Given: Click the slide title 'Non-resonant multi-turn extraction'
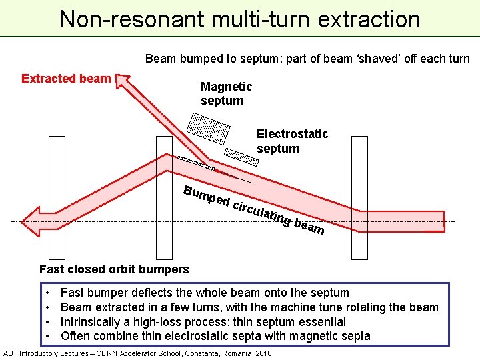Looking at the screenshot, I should pos(239,19).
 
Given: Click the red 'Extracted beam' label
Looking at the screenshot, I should pos(66,79).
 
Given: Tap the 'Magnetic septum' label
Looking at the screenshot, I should pos(226,93).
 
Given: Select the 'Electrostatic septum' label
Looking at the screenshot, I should pos(292,141).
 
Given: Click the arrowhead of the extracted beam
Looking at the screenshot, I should pos(122,81).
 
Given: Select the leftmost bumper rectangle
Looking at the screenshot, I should pos(57,197).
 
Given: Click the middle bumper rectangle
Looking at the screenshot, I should pos(163,197).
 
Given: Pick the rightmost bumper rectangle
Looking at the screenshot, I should pos(359,197).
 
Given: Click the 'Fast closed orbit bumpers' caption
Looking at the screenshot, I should pos(114,269).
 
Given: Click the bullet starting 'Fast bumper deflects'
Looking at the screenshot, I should pos(205,292).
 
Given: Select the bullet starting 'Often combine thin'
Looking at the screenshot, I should pos(215,336).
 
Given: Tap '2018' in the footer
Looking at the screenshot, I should pos(261,353).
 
